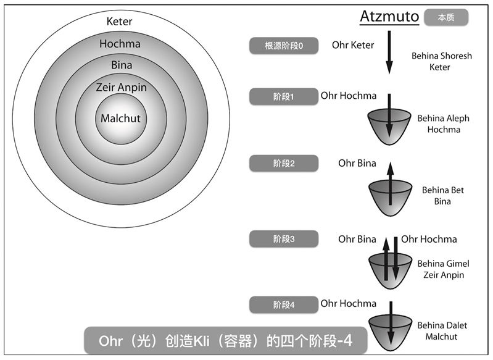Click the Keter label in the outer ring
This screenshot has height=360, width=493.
pyautogui.click(x=119, y=22)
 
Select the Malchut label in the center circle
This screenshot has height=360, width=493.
pyautogui.click(x=120, y=119)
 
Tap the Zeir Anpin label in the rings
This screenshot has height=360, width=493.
pyautogui.click(x=121, y=87)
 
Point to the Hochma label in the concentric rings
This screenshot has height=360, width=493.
pyautogui.click(x=120, y=44)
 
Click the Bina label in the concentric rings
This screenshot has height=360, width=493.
pyautogui.click(x=121, y=65)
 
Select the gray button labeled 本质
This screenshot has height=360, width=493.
pyautogui.click(x=445, y=17)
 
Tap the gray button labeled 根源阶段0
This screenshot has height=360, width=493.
pyautogui.click(x=284, y=46)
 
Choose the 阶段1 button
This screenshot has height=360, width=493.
pyautogui.click(x=284, y=96)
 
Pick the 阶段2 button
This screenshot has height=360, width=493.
pyautogui.click(x=284, y=164)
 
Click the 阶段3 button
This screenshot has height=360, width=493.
pyautogui.click(x=284, y=238)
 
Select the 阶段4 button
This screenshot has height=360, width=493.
pyautogui.click(x=284, y=304)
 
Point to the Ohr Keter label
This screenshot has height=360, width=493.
pyautogui.click(x=353, y=45)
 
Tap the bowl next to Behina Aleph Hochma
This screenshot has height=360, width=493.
pyautogui.click(x=389, y=126)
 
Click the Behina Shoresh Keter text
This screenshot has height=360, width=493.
pyautogui.click(x=442, y=61)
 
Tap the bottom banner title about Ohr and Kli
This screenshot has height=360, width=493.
pyautogui.click(x=226, y=340)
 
